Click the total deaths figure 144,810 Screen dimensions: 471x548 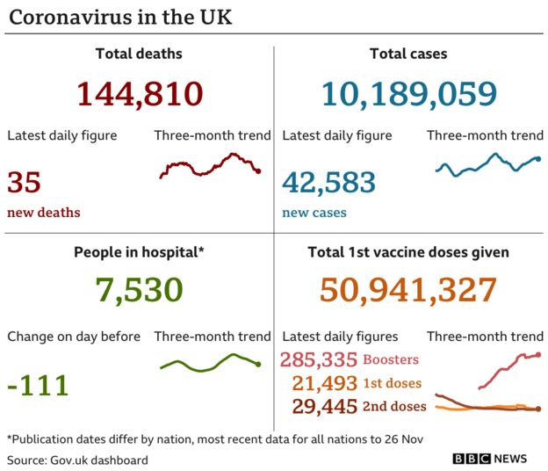(140, 93)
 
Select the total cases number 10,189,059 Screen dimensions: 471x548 (409, 93)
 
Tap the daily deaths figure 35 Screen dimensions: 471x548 (25, 183)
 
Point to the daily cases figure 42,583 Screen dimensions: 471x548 (328, 183)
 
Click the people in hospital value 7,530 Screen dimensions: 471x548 (140, 290)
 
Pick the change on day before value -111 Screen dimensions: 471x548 (38, 385)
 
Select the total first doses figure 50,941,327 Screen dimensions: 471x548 (408, 290)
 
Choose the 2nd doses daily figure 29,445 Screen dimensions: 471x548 (325, 406)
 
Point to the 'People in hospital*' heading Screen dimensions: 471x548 (139, 252)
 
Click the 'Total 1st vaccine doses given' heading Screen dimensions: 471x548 (408, 252)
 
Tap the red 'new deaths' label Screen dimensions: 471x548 (44, 213)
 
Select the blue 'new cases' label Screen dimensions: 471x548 (314, 213)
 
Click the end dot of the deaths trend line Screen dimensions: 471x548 (258, 170)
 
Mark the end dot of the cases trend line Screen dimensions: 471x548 (537, 159)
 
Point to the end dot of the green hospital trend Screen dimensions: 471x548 (258, 364)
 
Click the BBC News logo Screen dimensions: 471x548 (490, 459)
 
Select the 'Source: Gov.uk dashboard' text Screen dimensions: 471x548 (77, 460)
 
